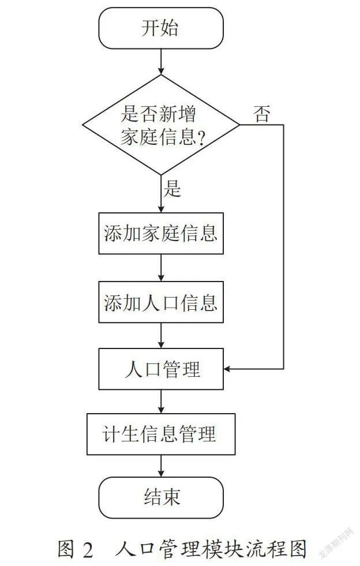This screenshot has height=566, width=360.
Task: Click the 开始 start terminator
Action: click(x=161, y=28)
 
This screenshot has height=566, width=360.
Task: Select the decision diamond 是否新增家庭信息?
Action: click(x=161, y=125)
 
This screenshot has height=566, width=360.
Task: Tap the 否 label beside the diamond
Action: click(x=262, y=114)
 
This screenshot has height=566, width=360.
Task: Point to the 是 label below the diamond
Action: click(x=172, y=188)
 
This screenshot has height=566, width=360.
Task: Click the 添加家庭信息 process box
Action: click(x=161, y=233)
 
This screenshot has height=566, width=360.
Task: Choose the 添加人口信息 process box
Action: click(x=161, y=302)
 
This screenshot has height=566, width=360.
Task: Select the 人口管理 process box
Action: click(x=161, y=369)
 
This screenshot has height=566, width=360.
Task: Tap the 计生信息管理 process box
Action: click(x=161, y=434)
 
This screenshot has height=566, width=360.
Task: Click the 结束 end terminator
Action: click(x=161, y=497)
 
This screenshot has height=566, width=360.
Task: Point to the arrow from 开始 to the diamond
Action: click(x=161, y=62)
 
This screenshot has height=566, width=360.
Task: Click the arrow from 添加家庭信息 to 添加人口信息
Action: click(x=161, y=268)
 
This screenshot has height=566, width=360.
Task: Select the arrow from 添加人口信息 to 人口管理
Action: click(x=161, y=336)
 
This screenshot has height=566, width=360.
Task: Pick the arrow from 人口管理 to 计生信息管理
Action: click(x=161, y=402)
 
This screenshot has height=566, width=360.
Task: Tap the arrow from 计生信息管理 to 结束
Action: click(x=161, y=466)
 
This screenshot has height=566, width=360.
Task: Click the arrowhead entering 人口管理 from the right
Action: click(x=227, y=369)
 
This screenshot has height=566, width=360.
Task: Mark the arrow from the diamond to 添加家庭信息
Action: click(x=161, y=194)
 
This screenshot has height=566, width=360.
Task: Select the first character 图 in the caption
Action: click(x=66, y=549)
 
